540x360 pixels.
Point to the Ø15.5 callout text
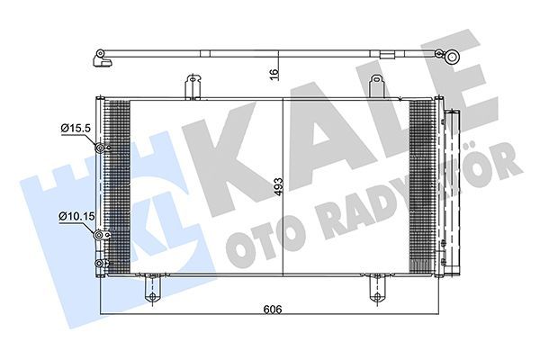point(76,130)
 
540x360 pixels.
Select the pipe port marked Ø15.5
point(102,148)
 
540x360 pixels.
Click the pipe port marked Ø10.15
point(101,234)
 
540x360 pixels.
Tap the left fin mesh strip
point(117,184)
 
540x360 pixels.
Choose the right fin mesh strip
point(422,184)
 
